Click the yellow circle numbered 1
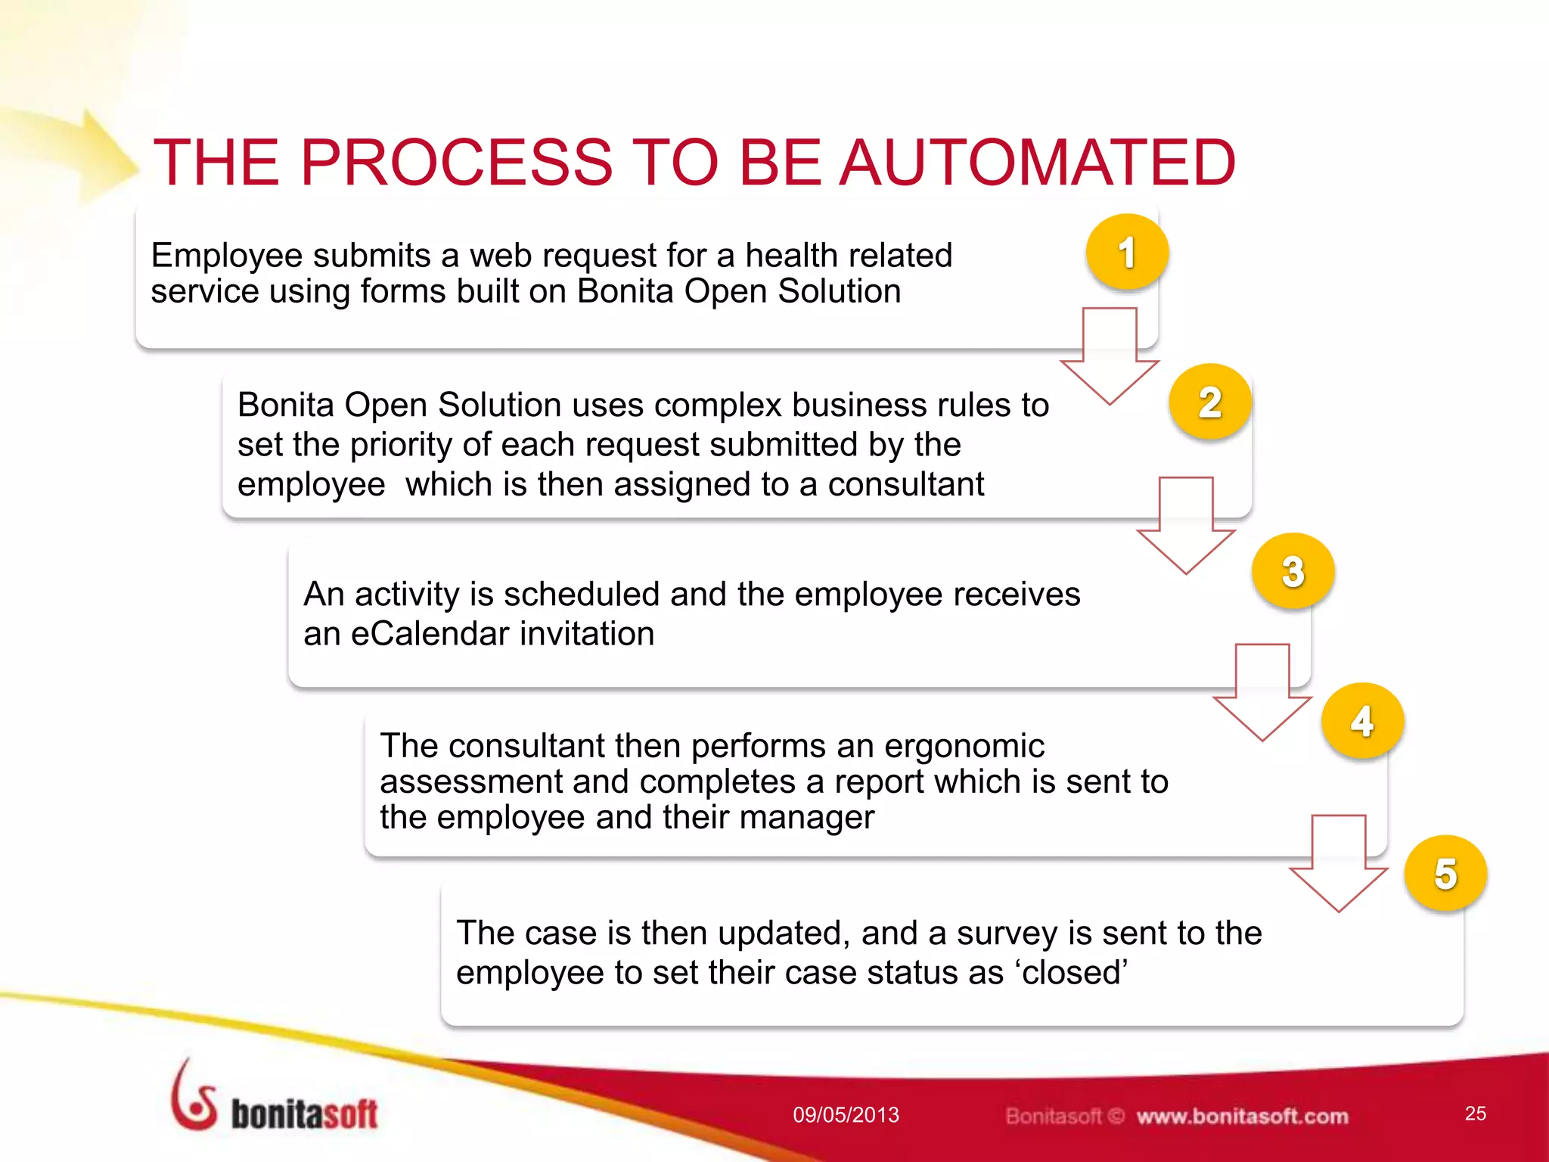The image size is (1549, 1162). pyautogui.click(x=1127, y=252)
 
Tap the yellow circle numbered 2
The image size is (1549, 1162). pyautogui.click(x=1210, y=402)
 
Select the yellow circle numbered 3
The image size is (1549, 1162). pyautogui.click(x=1293, y=571)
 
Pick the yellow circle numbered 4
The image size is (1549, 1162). pyautogui.click(x=1362, y=721)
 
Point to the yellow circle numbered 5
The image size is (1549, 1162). pyautogui.click(x=1445, y=873)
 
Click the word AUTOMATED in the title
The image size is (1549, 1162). pyautogui.click(x=1038, y=163)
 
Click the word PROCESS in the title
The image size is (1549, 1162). pyautogui.click(x=457, y=163)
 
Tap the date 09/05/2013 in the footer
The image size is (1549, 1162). pyautogui.click(x=846, y=1114)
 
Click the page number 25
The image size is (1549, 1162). pyautogui.click(x=1475, y=1113)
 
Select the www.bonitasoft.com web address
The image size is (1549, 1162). pyautogui.click(x=1242, y=1116)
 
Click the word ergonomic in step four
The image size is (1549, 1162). pyautogui.click(x=964, y=746)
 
